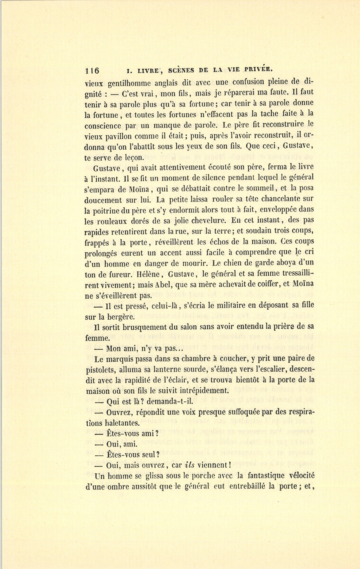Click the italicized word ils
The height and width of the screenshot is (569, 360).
pyautogui.click(x=189, y=465)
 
